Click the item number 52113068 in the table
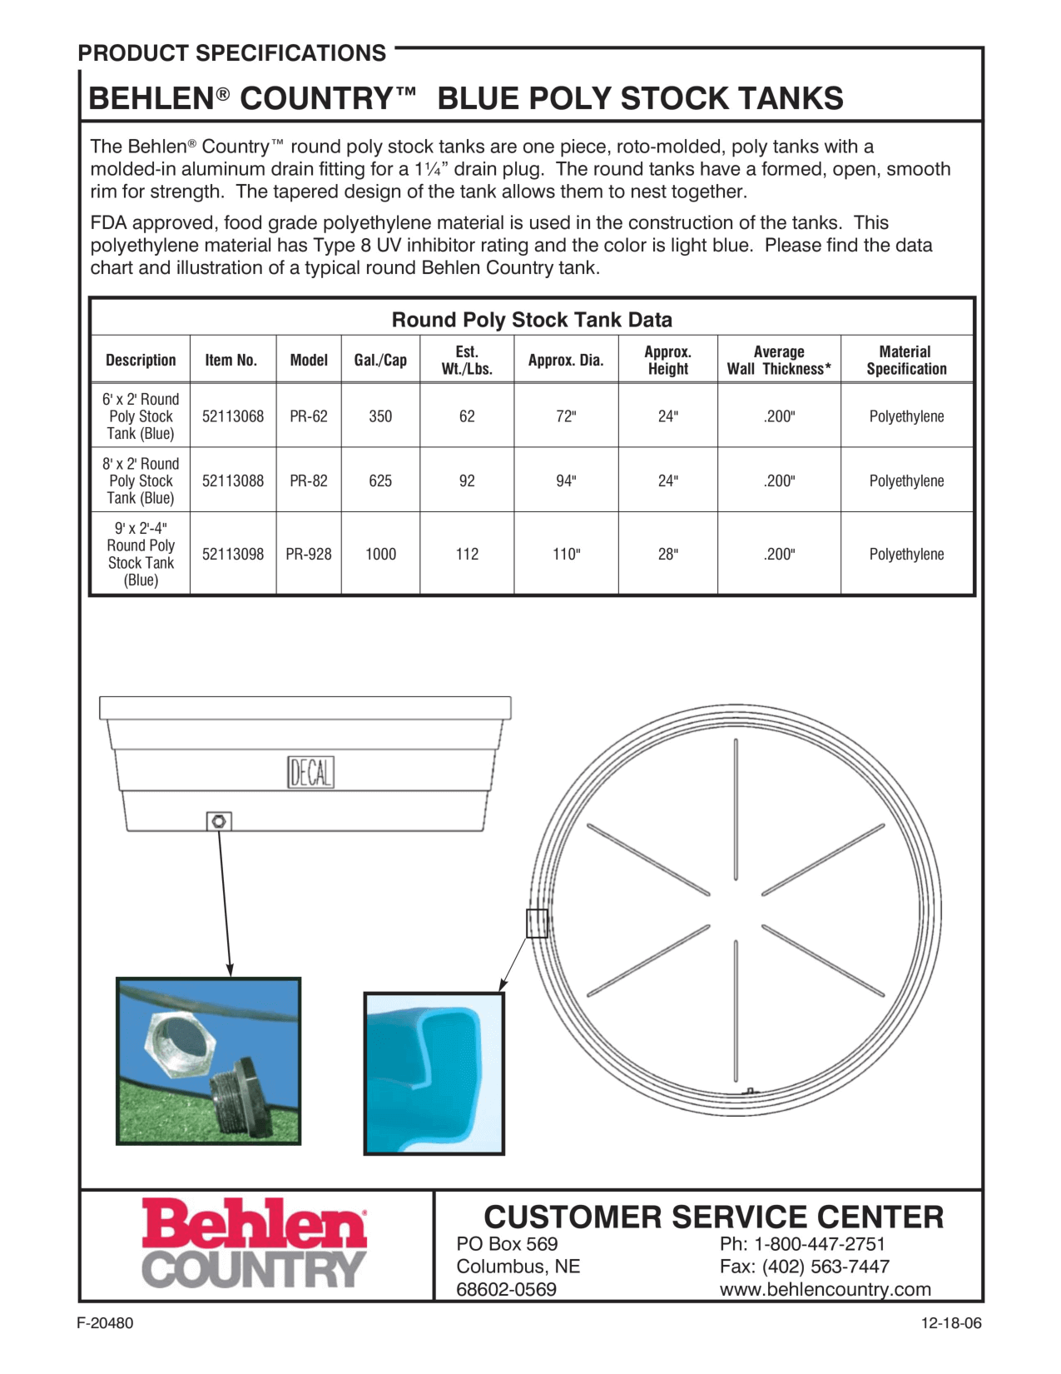[233, 416]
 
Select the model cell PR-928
[309, 555]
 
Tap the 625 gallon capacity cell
[380, 481]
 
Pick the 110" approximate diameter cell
[566, 555]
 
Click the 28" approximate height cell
[667, 555]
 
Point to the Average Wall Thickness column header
[779, 361]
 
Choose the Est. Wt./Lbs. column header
[467, 361]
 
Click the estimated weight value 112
[467, 555]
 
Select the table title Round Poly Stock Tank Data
[532, 320]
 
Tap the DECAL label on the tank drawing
[310, 773]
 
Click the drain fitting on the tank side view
[219, 822]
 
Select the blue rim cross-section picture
[434, 1073]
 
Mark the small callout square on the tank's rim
[537, 923]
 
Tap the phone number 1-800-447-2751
[819, 1244]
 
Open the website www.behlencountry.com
[825, 1290]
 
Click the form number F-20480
[105, 1323]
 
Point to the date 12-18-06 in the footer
[951, 1323]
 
